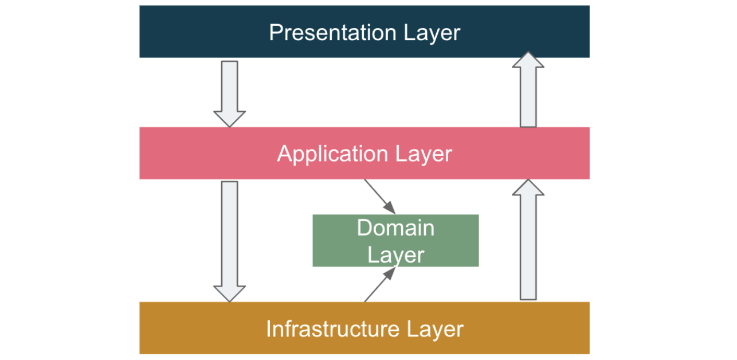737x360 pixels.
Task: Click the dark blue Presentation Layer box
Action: click(x=172, y=32)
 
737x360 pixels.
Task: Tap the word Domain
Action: click(x=395, y=228)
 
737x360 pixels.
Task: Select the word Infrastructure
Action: click(x=333, y=329)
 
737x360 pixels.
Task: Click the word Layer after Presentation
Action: click(x=432, y=33)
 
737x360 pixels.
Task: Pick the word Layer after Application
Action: click(x=424, y=154)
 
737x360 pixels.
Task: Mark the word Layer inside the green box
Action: click(x=395, y=255)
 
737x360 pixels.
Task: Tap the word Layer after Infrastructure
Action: click(x=435, y=329)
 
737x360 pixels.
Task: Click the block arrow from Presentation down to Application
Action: click(x=229, y=92)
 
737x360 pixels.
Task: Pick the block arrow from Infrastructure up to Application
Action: click(x=528, y=241)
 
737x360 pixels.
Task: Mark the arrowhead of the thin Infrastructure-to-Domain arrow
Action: click(x=390, y=273)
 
